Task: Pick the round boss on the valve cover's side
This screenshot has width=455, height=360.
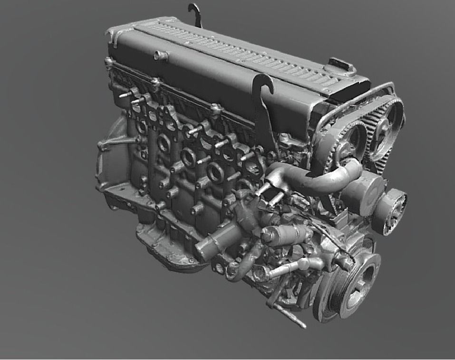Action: tap(161, 56)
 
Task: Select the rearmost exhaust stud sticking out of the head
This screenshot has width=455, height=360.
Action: tap(126, 95)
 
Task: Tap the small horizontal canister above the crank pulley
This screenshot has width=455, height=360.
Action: tap(285, 234)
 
